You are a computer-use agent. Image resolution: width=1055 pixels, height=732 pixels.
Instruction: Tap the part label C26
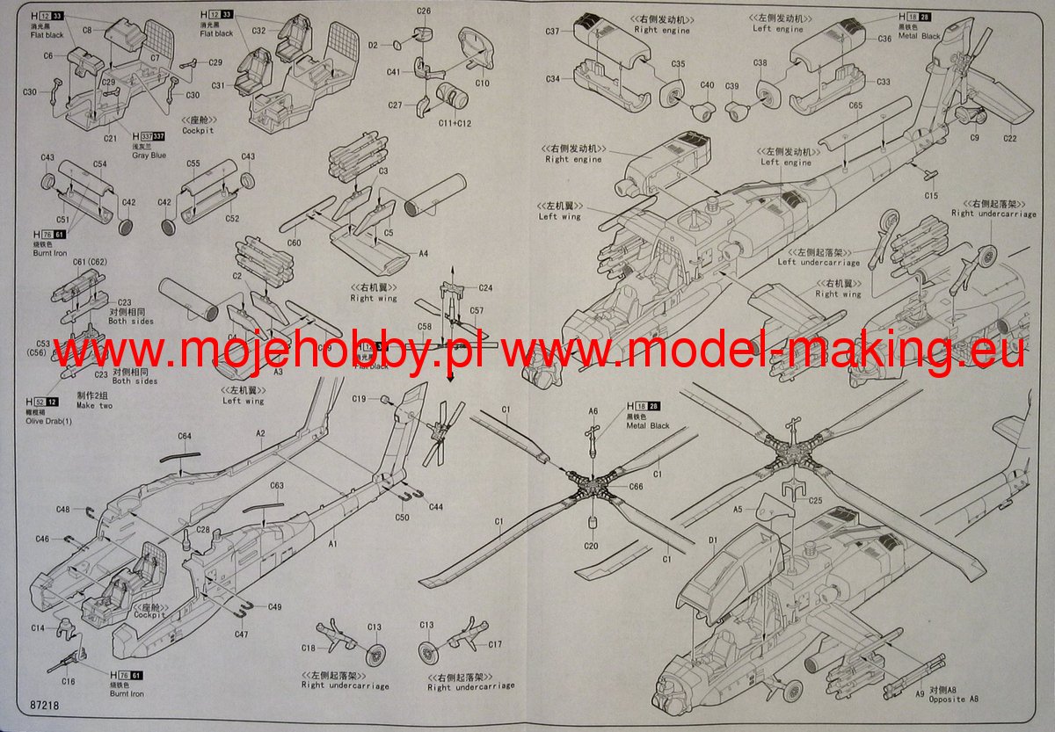pyautogui.click(x=424, y=11)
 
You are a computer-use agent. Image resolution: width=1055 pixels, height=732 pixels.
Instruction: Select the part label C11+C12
pyautogui.click(x=455, y=123)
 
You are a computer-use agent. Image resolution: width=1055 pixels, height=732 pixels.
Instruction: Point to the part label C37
pyautogui.click(x=552, y=31)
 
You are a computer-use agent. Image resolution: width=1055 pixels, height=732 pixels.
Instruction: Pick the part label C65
pyautogui.click(x=855, y=106)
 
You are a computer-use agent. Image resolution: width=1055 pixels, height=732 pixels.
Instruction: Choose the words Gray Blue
pyautogui.click(x=149, y=155)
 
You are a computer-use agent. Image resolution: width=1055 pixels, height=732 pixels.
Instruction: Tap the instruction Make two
pyautogui.click(x=94, y=405)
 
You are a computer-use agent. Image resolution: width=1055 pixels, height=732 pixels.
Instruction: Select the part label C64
pyautogui.click(x=185, y=436)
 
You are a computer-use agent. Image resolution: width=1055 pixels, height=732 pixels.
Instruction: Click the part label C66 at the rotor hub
pyautogui.click(x=636, y=487)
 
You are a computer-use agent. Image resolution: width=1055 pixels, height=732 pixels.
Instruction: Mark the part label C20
pyautogui.click(x=591, y=546)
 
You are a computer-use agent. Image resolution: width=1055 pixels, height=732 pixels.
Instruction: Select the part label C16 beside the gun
pyautogui.click(x=69, y=681)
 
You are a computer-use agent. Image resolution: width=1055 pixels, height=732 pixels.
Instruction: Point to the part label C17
pyautogui.click(x=496, y=644)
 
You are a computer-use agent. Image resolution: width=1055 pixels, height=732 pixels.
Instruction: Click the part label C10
pyautogui.click(x=482, y=83)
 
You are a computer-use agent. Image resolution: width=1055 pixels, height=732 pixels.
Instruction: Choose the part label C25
pyautogui.click(x=815, y=501)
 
